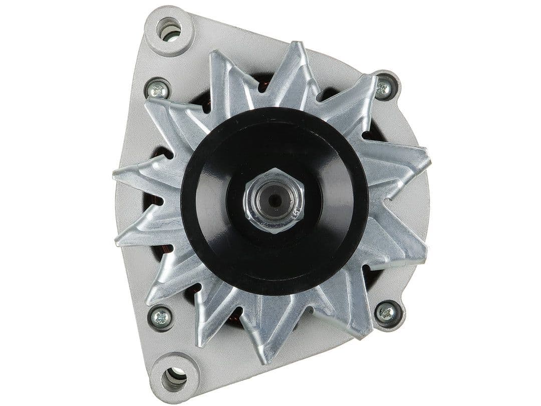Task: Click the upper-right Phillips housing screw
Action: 384,88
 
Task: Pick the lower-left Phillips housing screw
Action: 161,317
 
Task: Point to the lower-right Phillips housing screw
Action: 387,313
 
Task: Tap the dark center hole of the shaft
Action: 274,200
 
